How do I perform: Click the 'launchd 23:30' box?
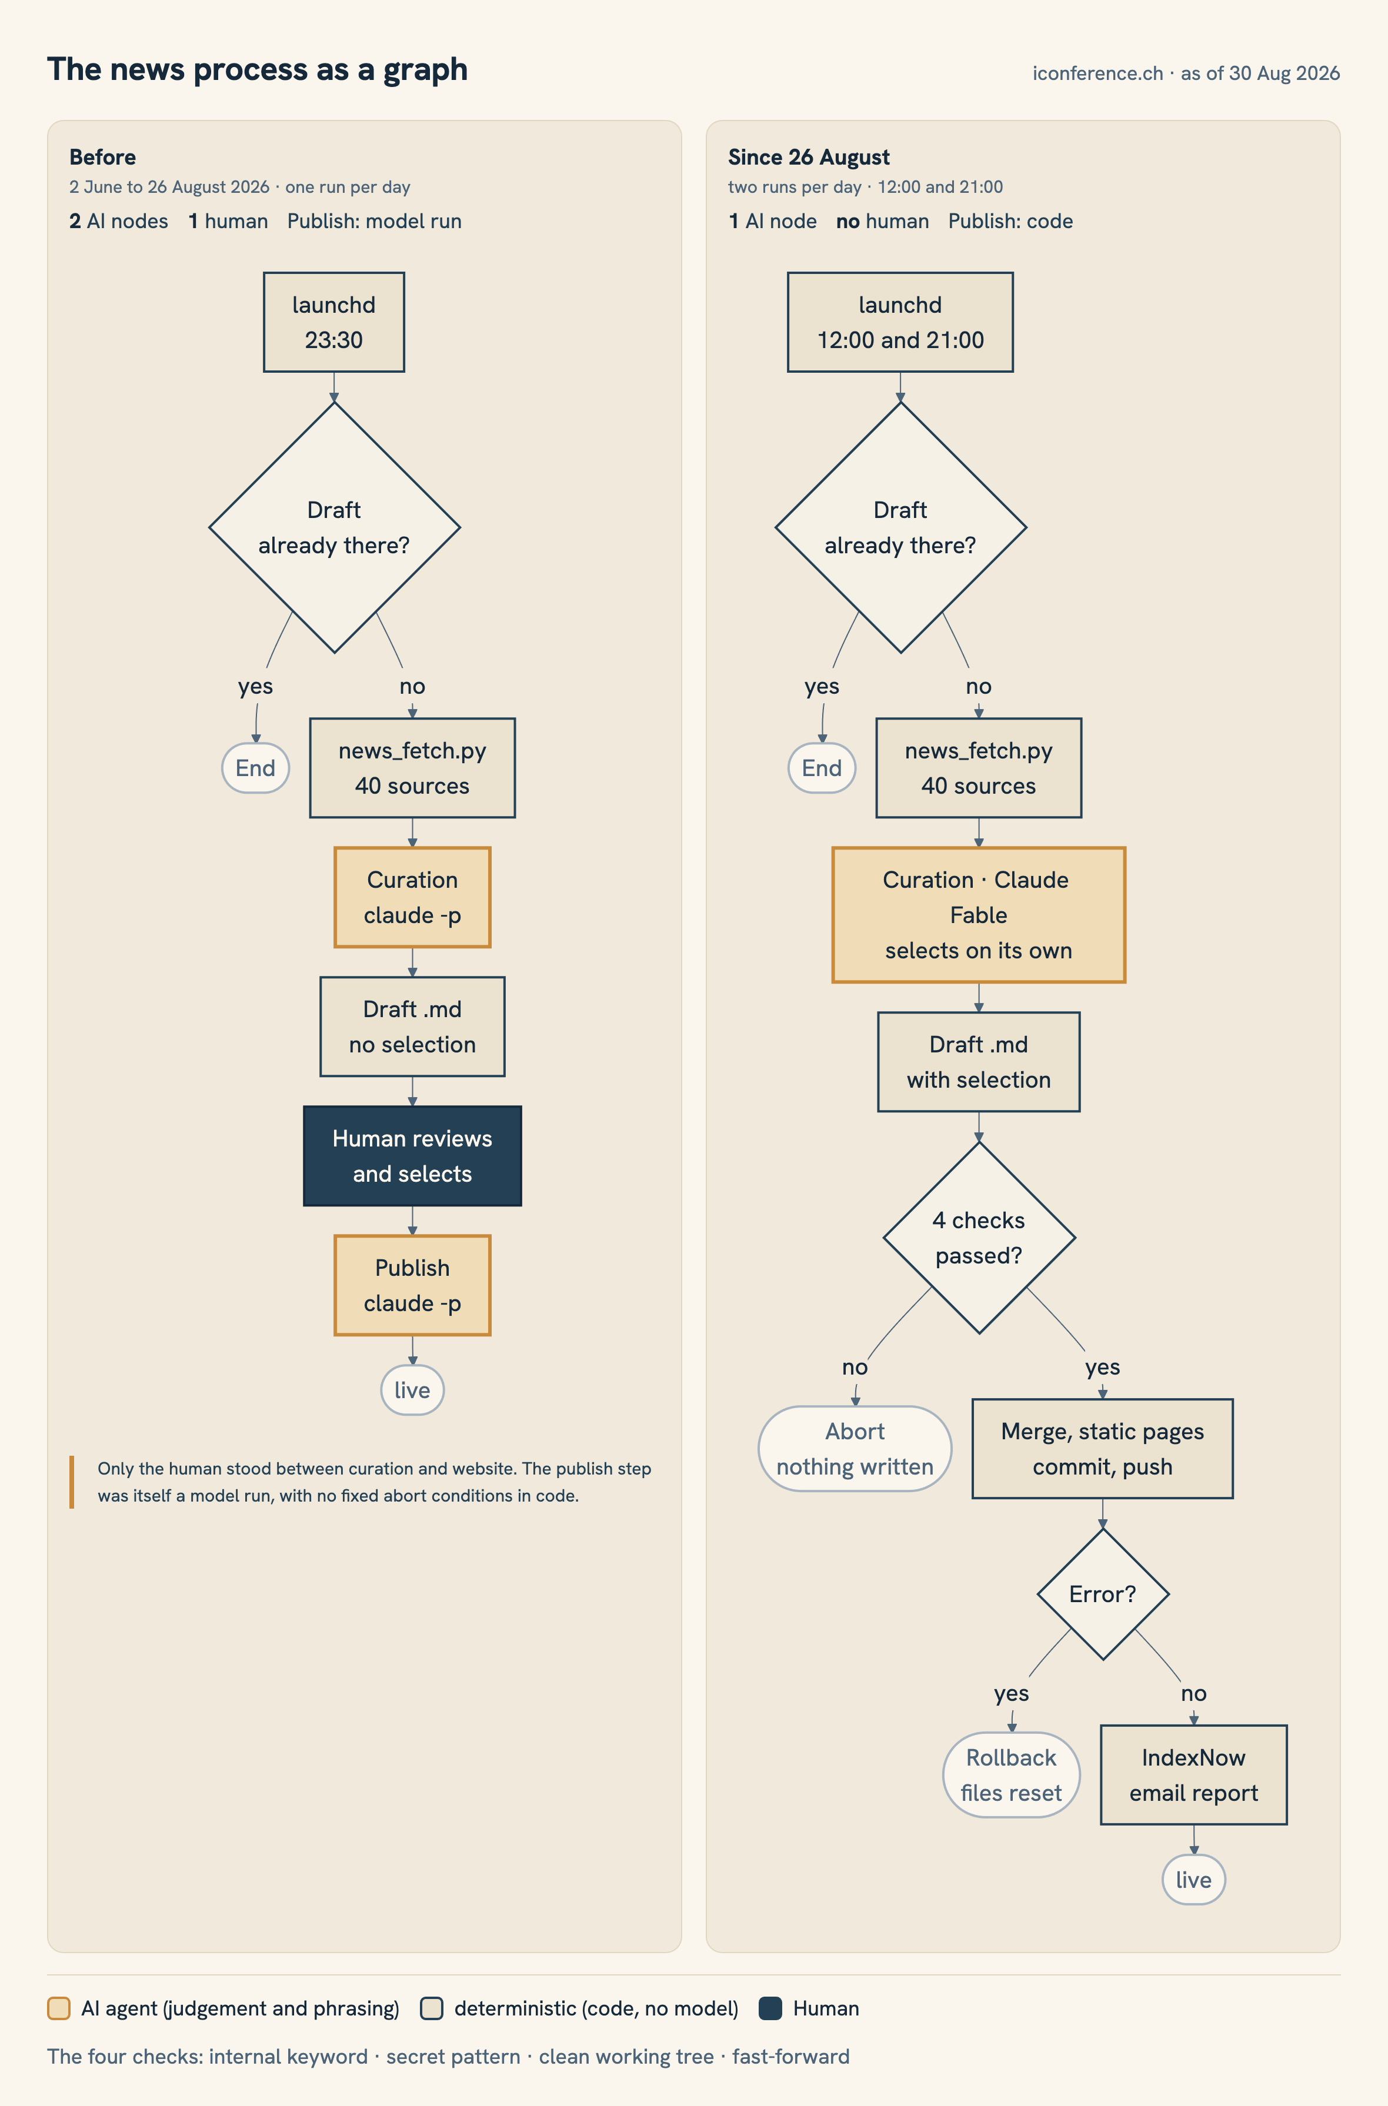[333, 322]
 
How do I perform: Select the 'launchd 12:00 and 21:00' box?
[900, 322]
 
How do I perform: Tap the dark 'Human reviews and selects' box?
[412, 1156]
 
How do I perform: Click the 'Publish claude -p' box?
[412, 1285]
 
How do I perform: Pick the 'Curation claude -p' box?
[412, 897]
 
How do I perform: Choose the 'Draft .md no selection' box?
[412, 1027]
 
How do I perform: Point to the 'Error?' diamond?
[1103, 1594]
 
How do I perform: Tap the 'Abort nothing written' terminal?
[855, 1449]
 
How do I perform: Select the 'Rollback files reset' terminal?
[1012, 1774]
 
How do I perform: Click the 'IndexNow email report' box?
[1193, 1774]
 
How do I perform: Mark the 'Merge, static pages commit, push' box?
[1103, 1449]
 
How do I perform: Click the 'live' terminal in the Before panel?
[412, 1390]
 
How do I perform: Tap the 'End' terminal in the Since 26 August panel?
[822, 768]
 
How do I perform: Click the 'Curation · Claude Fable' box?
[979, 915]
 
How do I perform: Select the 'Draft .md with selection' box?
[979, 1062]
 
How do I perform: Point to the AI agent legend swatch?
[58, 2008]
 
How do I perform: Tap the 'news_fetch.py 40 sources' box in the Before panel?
[412, 768]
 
